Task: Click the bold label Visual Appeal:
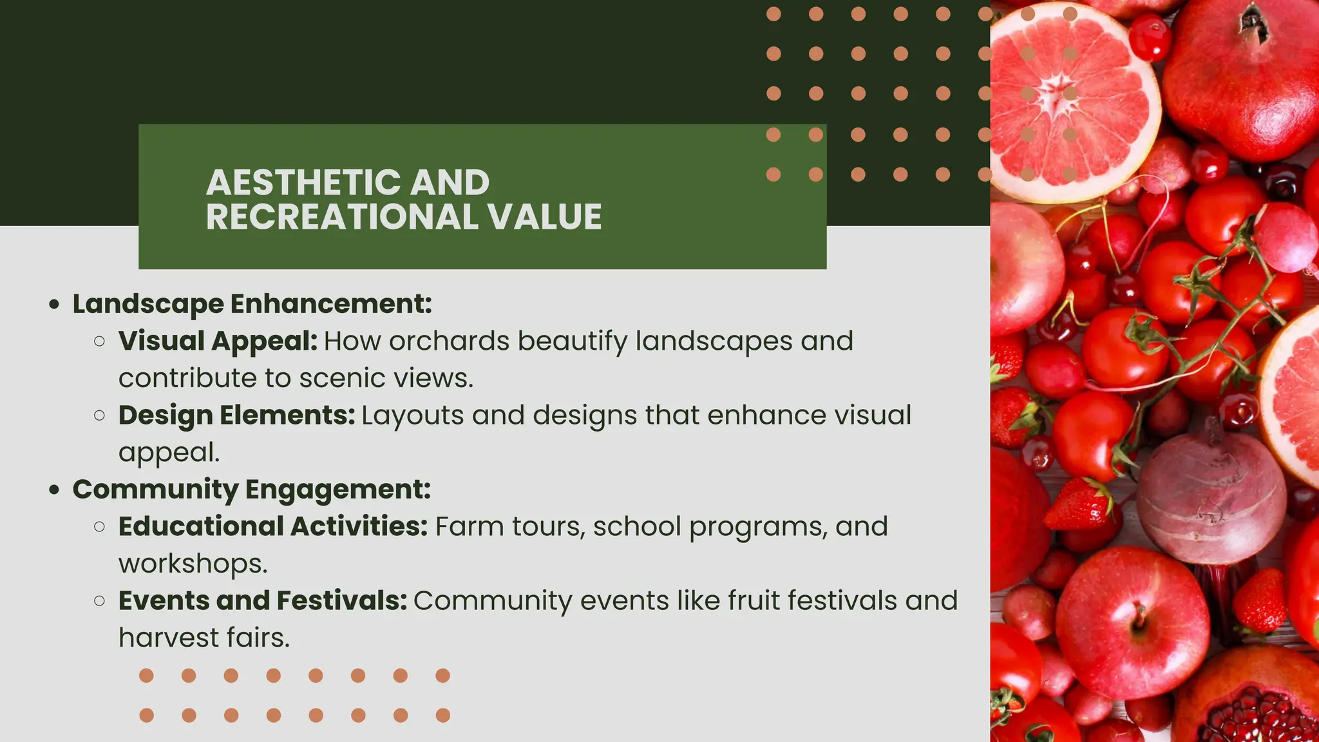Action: (218, 341)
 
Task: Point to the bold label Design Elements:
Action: (236, 415)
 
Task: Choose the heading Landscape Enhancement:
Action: (252, 304)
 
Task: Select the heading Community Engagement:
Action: (251, 490)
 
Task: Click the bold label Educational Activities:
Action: (273, 527)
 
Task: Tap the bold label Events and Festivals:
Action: (263, 601)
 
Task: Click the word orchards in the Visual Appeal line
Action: (449, 341)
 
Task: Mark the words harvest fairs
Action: (204, 638)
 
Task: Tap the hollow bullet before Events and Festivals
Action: (99, 601)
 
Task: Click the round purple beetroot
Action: (1211, 496)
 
